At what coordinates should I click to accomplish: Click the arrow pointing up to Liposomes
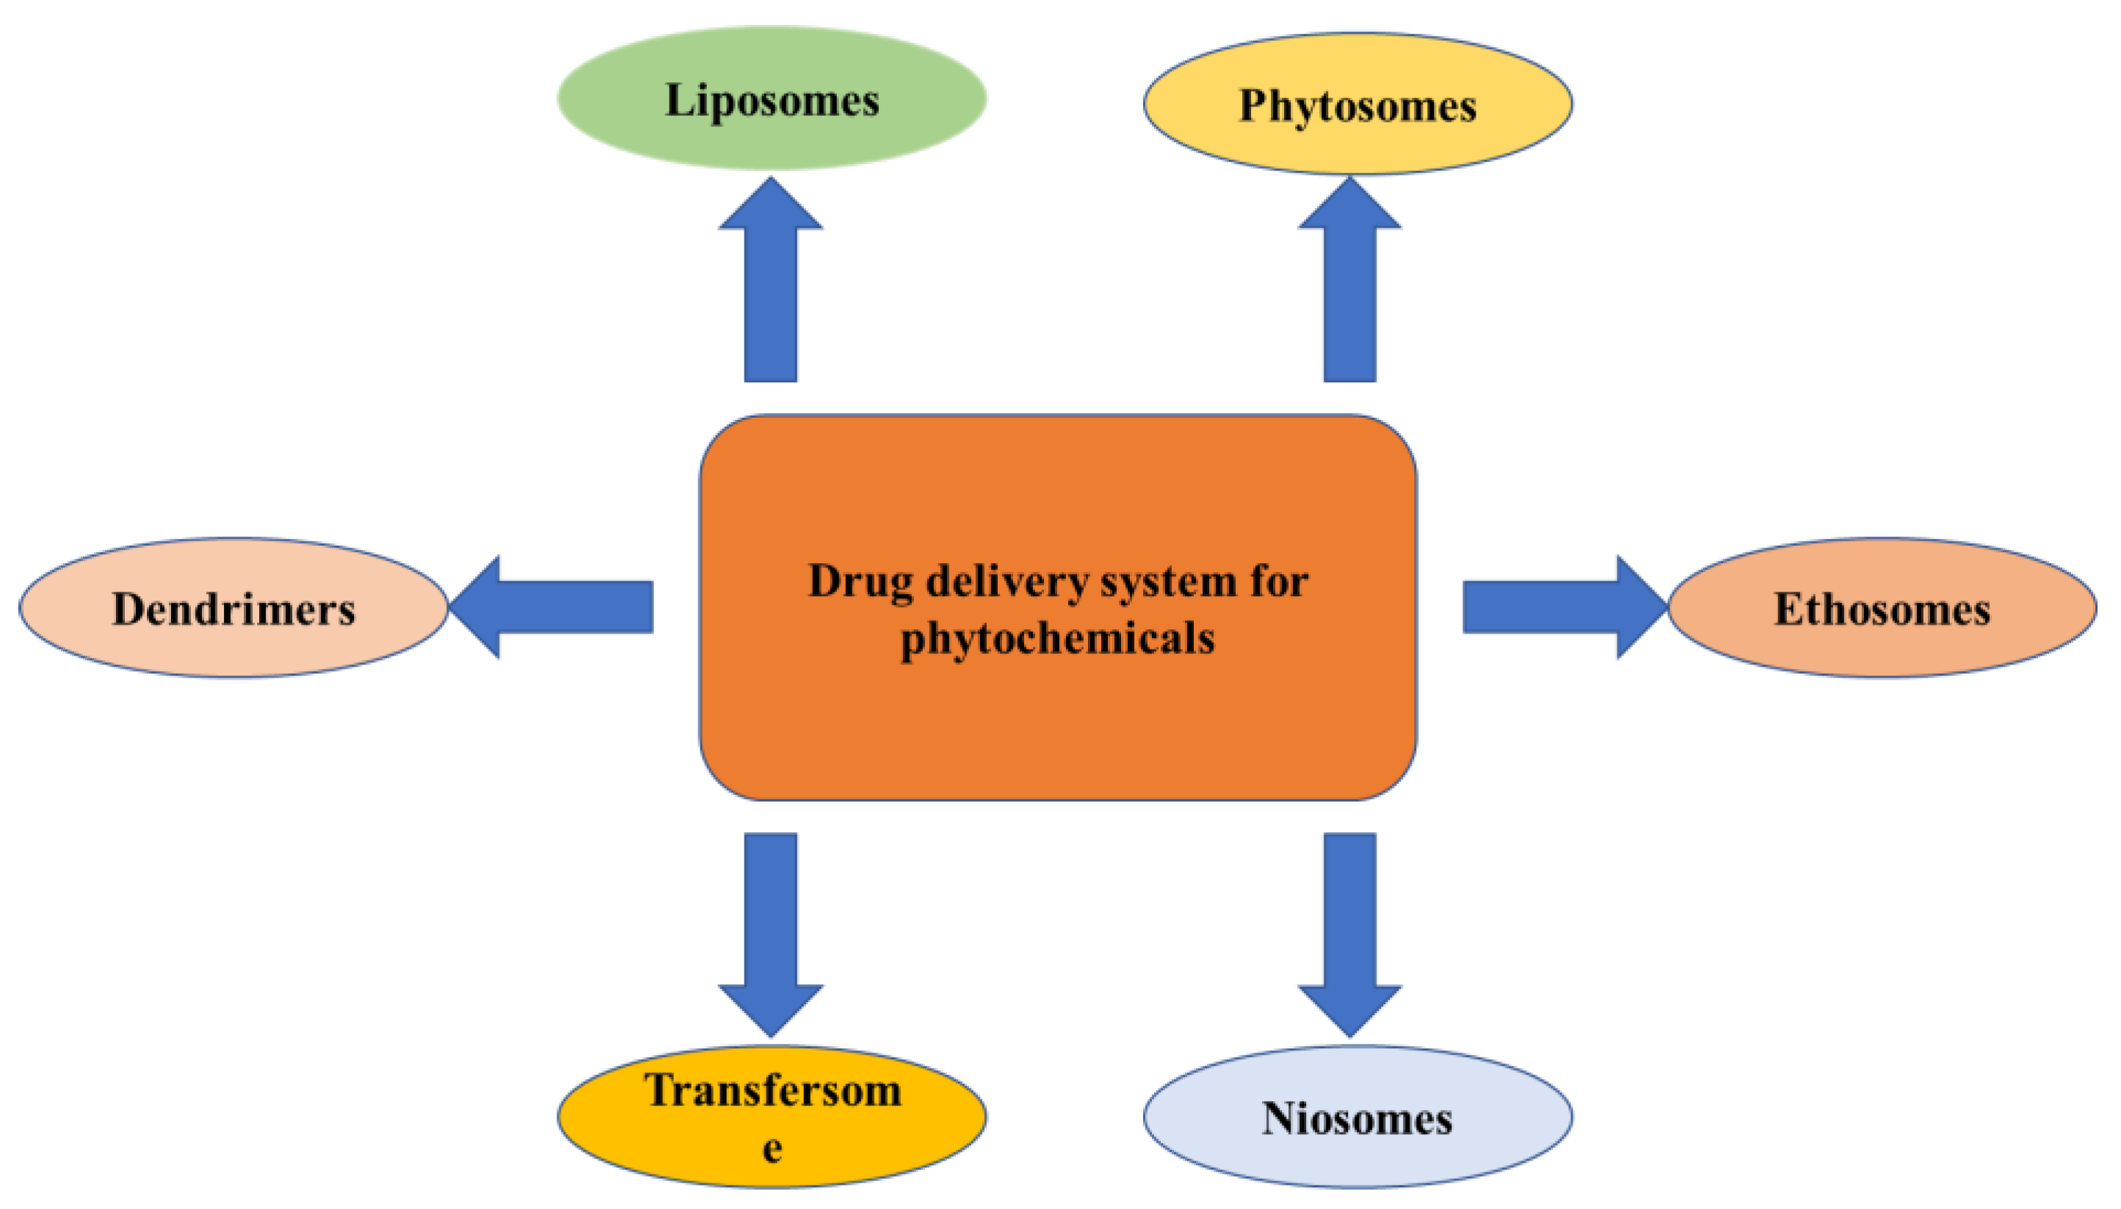click(771, 283)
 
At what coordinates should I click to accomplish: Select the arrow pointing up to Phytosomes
click(1349, 283)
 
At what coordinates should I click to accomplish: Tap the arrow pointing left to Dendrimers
click(556, 607)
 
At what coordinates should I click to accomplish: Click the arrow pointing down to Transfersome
click(771, 930)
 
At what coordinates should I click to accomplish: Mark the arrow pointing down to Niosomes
click(1349, 930)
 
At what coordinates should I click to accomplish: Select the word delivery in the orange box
click(1007, 582)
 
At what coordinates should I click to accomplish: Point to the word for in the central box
click(1279, 581)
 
